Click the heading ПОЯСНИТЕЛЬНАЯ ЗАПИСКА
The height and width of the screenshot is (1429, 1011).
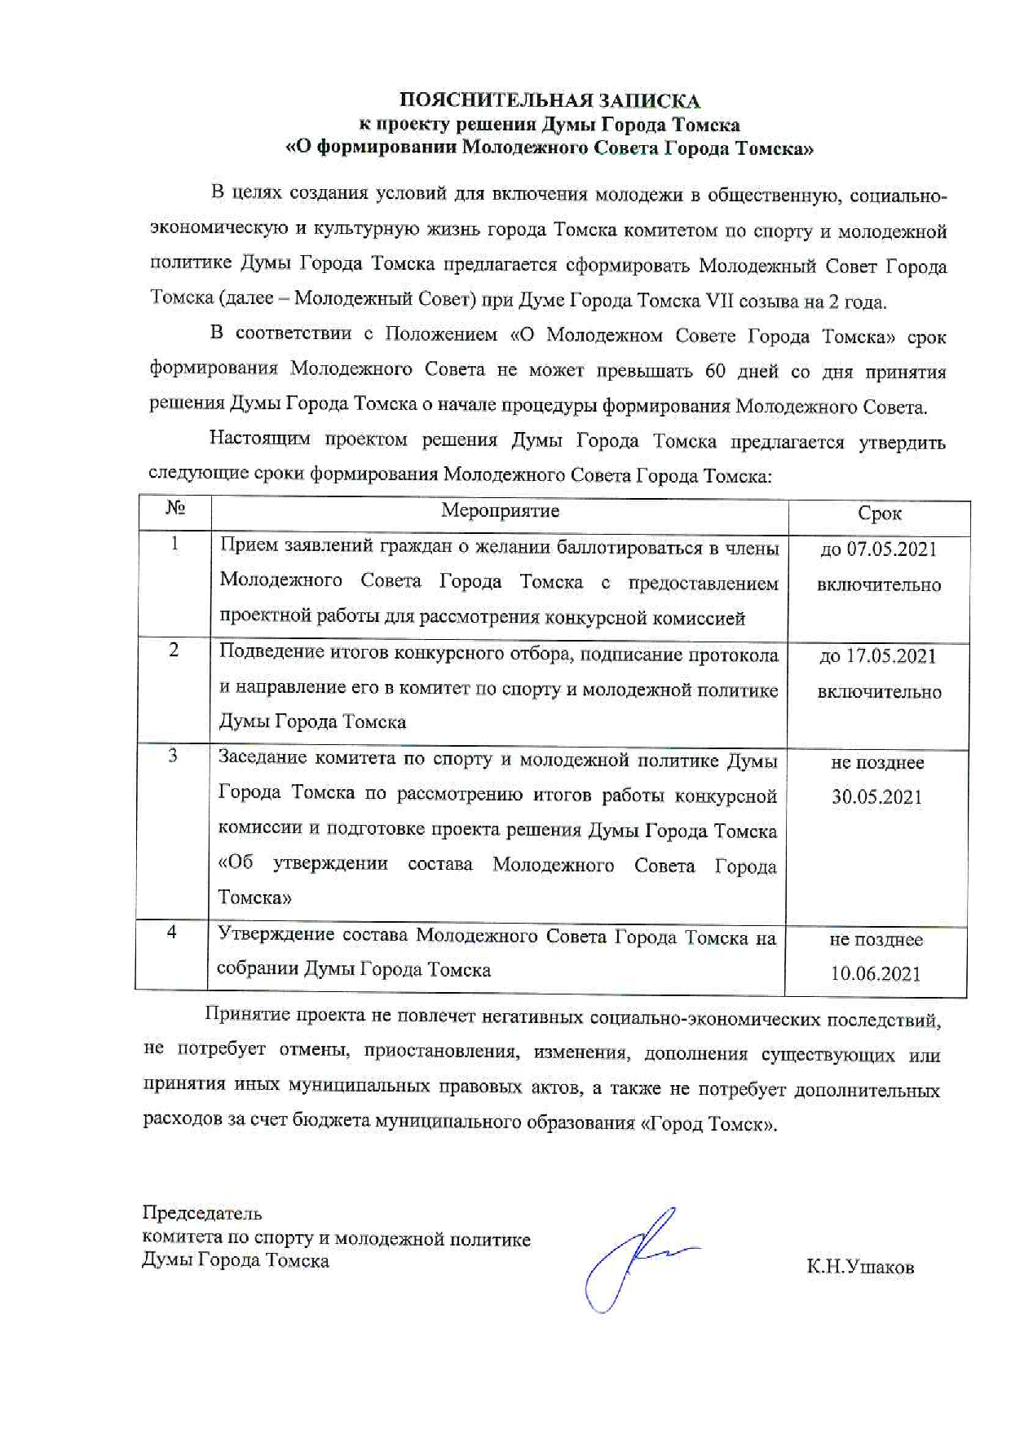549,101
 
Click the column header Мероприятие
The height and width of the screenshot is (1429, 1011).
500,511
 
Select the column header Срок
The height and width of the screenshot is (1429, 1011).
879,514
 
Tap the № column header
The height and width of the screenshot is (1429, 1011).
175,509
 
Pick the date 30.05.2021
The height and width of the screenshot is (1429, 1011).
876,797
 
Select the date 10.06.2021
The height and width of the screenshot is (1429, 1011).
876,974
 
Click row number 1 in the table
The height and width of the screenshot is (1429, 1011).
174,544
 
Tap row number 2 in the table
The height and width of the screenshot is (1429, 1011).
174,651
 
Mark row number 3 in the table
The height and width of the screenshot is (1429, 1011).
173,756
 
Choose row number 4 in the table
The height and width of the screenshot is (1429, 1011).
172,932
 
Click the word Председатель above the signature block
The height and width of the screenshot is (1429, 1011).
202,1212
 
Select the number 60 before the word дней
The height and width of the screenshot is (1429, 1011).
715,371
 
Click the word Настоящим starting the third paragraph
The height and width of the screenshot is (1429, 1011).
259,439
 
